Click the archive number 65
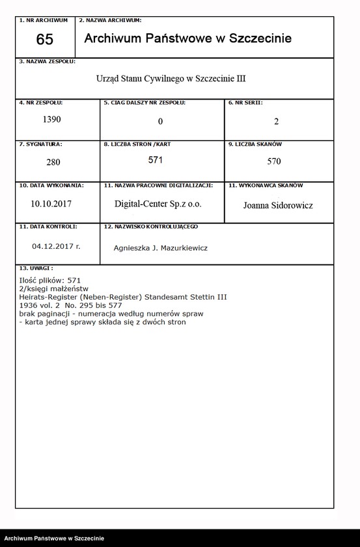45,40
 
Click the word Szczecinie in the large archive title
259,39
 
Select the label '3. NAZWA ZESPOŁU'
48,61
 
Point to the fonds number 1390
51,120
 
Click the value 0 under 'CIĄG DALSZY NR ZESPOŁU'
160,122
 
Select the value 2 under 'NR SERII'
277,122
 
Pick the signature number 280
51,162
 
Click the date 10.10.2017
51,203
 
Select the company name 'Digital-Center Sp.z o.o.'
158,204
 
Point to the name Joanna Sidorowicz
278,205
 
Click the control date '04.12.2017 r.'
56,247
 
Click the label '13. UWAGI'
36,268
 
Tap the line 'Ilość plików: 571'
50,280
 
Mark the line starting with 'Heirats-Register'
124,297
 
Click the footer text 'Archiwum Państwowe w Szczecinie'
54,538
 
